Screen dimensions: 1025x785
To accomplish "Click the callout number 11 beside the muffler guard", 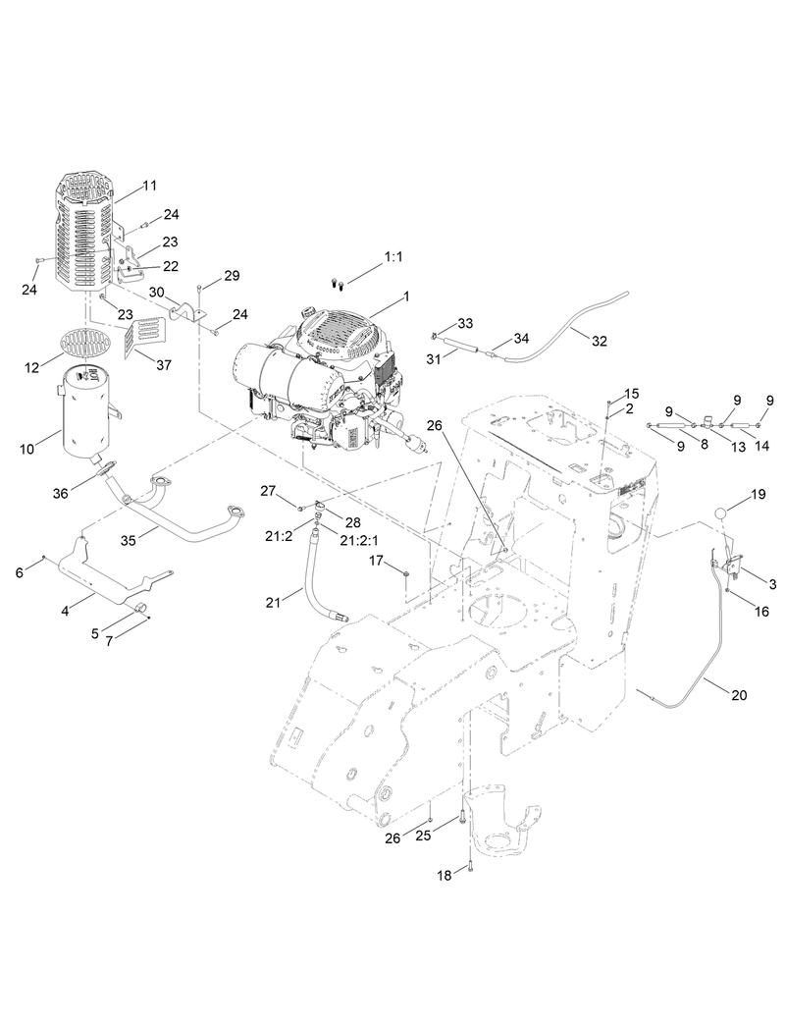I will click(x=149, y=185).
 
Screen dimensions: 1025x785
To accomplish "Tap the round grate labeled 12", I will click(x=85, y=343).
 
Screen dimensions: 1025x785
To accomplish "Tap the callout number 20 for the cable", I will click(x=739, y=695).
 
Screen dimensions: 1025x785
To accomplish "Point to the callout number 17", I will click(x=376, y=561).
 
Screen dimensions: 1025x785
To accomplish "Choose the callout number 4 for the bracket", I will click(x=65, y=611).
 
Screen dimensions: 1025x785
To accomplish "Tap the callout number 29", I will click(x=232, y=276).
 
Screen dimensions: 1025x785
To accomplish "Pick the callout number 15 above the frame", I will click(x=631, y=393).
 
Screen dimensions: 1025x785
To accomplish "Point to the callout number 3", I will click(x=773, y=584).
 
